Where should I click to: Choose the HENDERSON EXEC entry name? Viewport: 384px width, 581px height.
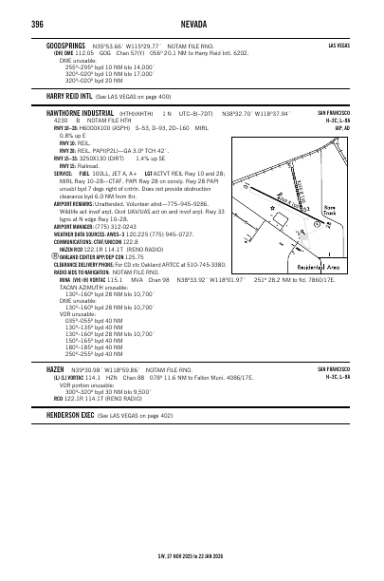click(64, 415)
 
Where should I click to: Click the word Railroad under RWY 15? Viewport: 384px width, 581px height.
click(89, 165)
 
